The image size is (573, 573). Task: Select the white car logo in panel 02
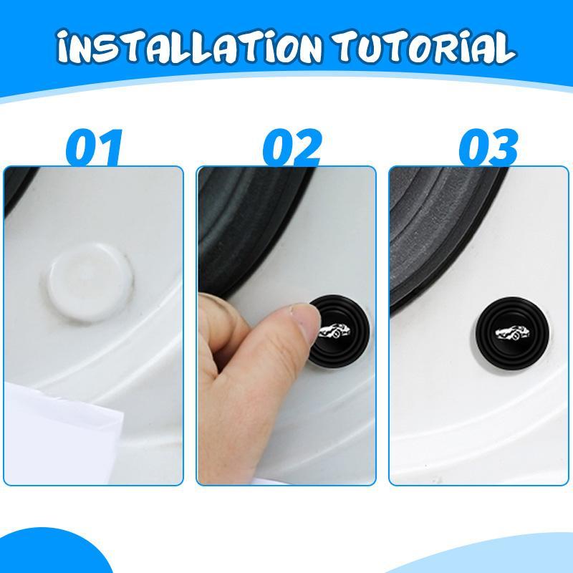[x=337, y=331]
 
